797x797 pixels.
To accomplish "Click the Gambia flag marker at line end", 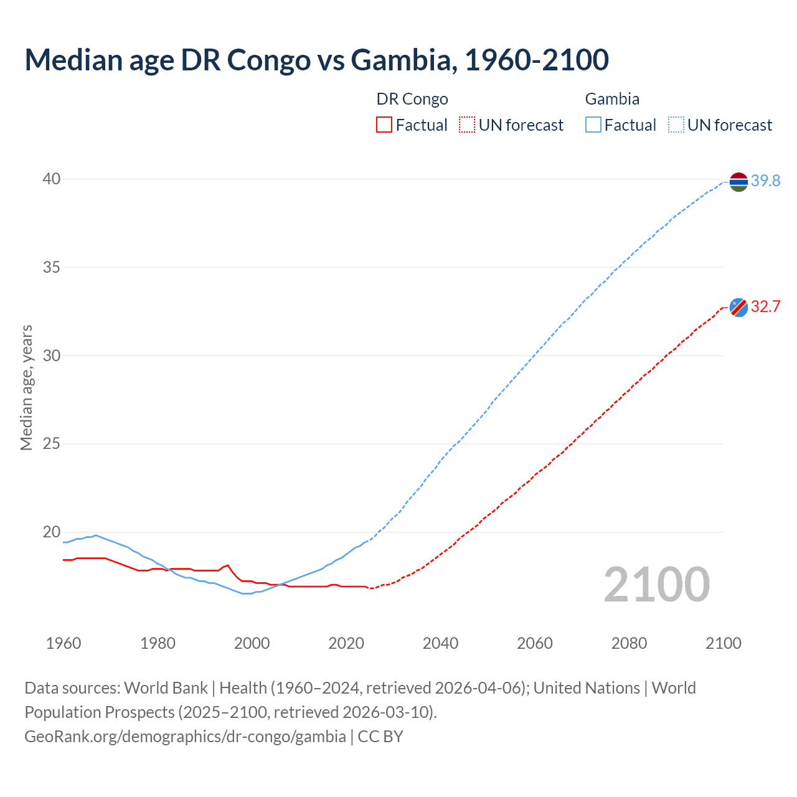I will click(x=738, y=182).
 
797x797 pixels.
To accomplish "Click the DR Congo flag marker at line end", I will click(x=738, y=307).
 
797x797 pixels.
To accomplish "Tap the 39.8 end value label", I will click(x=765, y=181).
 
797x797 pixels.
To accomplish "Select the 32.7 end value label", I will click(x=765, y=307).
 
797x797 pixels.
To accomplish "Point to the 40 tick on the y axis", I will click(x=52, y=179).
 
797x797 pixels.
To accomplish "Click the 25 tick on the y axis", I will click(x=52, y=444).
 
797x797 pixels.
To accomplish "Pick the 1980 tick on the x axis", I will click(x=158, y=643).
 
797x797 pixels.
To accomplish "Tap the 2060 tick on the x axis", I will click(x=535, y=643).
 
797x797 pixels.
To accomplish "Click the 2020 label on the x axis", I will click(x=346, y=643).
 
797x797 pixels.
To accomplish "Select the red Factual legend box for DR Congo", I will click(x=384, y=125).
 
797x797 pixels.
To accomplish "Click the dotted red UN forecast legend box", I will click(x=467, y=125).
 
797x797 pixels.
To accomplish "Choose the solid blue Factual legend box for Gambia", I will click(x=593, y=125).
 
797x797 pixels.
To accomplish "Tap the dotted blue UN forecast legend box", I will click(x=676, y=125).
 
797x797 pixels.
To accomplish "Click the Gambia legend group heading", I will click(x=612, y=99).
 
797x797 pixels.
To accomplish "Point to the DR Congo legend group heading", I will click(x=412, y=99).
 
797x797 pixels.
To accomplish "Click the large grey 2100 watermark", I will click(x=657, y=585).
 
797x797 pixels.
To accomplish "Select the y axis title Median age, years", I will click(x=26, y=387).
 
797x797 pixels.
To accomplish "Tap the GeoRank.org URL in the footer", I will click(x=185, y=737).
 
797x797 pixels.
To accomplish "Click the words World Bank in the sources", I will click(x=166, y=688).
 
